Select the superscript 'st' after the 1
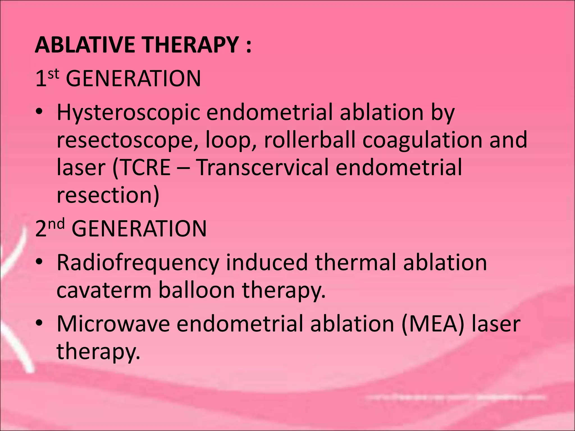click(54, 74)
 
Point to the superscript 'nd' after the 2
click(58, 224)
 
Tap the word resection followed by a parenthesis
click(108, 195)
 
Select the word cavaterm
click(104, 290)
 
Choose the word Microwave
click(113, 324)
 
